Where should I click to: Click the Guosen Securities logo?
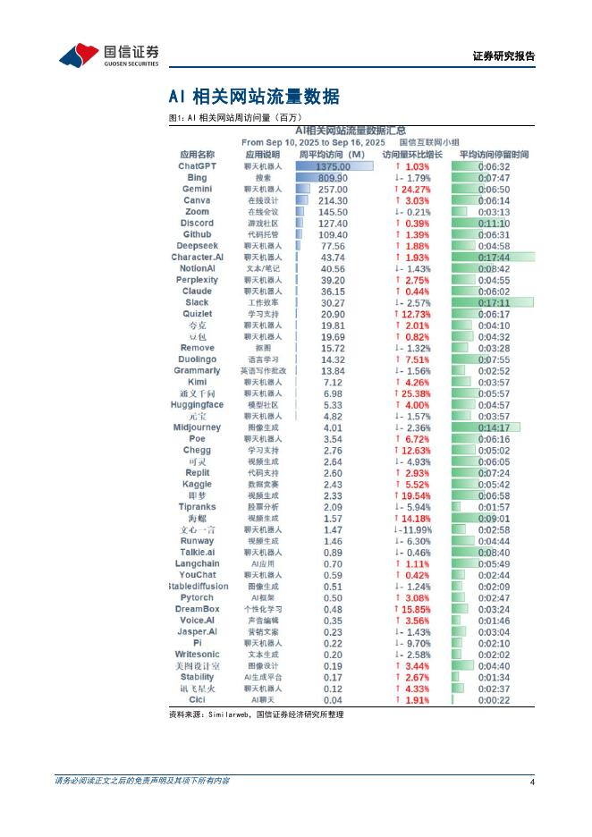pos(108,55)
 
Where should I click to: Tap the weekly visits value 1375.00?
pos(332,166)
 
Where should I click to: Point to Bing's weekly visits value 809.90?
pos(332,178)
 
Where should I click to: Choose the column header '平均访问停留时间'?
pos(494,155)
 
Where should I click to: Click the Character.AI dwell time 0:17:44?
pos(494,257)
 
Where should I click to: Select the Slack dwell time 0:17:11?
pos(494,302)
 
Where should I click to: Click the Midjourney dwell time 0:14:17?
pos(494,427)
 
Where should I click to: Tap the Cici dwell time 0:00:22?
pos(494,699)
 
